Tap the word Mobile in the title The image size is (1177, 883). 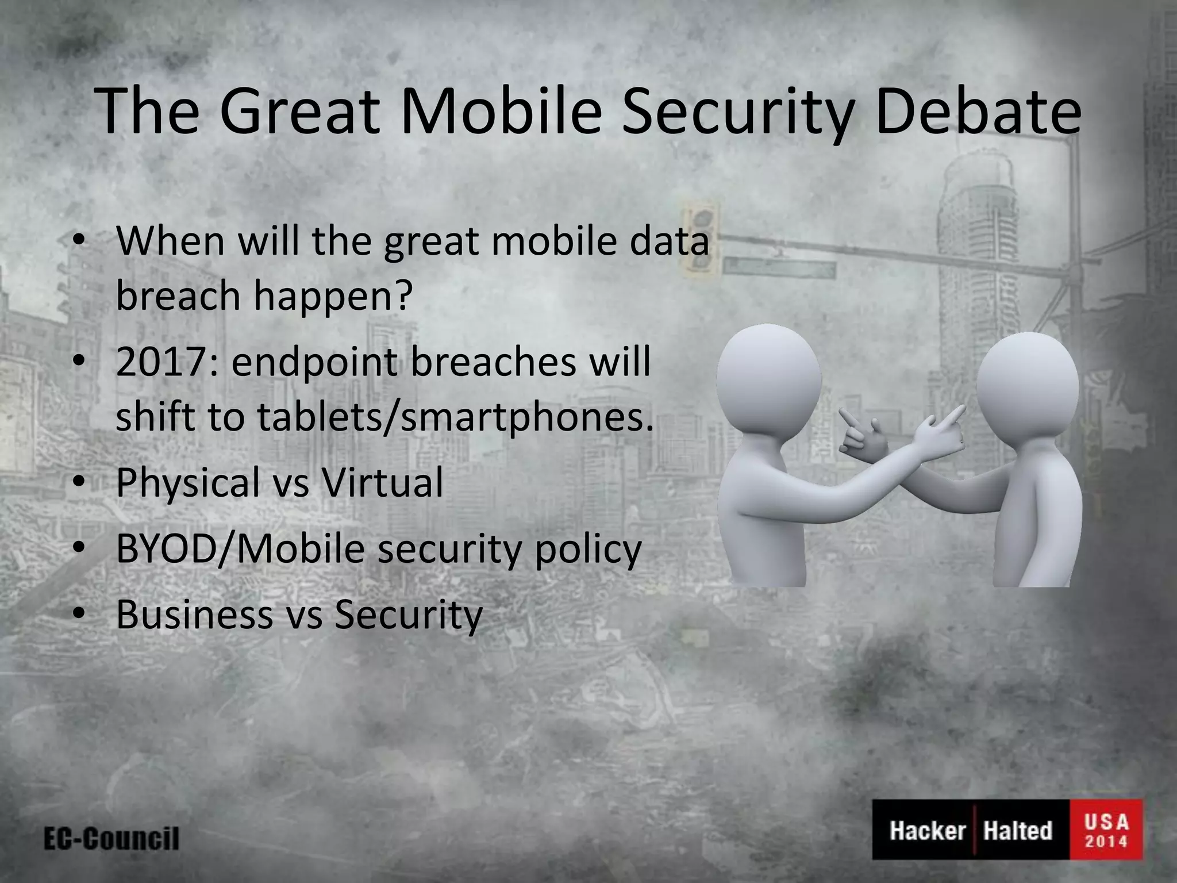tap(495, 112)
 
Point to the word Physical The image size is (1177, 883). tap(187, 483)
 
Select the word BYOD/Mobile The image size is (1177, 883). tap(240, 548)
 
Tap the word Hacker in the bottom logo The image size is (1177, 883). tap(926, 830)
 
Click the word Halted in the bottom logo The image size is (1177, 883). tap(1018, 830)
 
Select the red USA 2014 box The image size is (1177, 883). tap(1106, 830)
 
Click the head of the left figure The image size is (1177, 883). tap(769, 383)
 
